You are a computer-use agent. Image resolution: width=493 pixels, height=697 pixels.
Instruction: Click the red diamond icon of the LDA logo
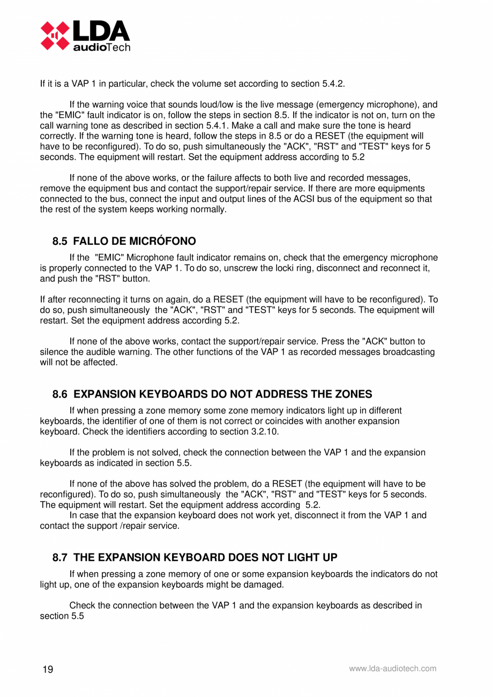click(55, 35)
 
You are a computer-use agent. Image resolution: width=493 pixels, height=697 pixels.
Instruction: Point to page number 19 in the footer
click(48, 670)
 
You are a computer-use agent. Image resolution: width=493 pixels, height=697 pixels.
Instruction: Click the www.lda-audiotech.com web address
click(392, 669)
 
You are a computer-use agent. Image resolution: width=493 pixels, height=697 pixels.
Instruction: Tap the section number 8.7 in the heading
click(61, 557)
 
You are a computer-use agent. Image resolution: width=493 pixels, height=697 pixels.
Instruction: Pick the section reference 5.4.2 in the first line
click(333, 84)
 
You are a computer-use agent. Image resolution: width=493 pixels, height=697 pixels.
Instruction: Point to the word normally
click(209, 209)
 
